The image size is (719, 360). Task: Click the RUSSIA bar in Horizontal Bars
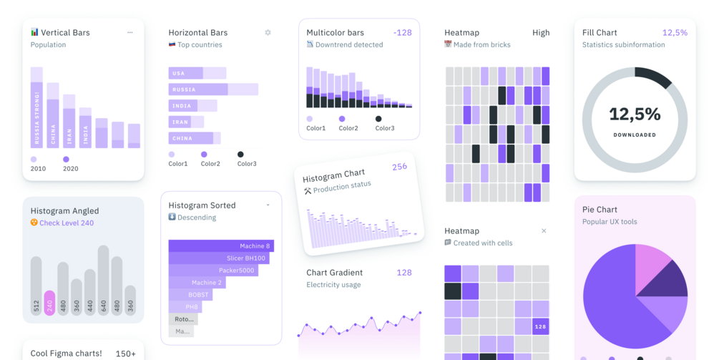(198, 89)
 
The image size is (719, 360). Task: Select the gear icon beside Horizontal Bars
(268, 33)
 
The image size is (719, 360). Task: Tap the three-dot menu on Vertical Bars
(129, 33)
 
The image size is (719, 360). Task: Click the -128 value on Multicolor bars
(402, 33)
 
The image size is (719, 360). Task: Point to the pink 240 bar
(49, 303)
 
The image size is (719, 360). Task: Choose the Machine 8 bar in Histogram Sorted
(221, 245)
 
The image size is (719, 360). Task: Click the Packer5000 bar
(213, 271)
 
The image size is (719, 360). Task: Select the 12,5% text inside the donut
(635, 114)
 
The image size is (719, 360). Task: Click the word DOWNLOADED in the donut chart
(635, 135)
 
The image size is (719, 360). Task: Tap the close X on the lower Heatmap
(544, 231)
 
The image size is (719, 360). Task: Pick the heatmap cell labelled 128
(541, 326)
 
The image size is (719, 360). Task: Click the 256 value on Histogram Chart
(399, 167)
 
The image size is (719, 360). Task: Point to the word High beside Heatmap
(541, 33)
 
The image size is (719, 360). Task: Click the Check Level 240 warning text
(67, 223)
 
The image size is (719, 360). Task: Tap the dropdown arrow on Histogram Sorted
(268, 205)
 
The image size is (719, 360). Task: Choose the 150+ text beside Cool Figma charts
(126, 354)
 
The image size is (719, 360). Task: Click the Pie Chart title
(600, 210)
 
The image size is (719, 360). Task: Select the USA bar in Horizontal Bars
(186, 73)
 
